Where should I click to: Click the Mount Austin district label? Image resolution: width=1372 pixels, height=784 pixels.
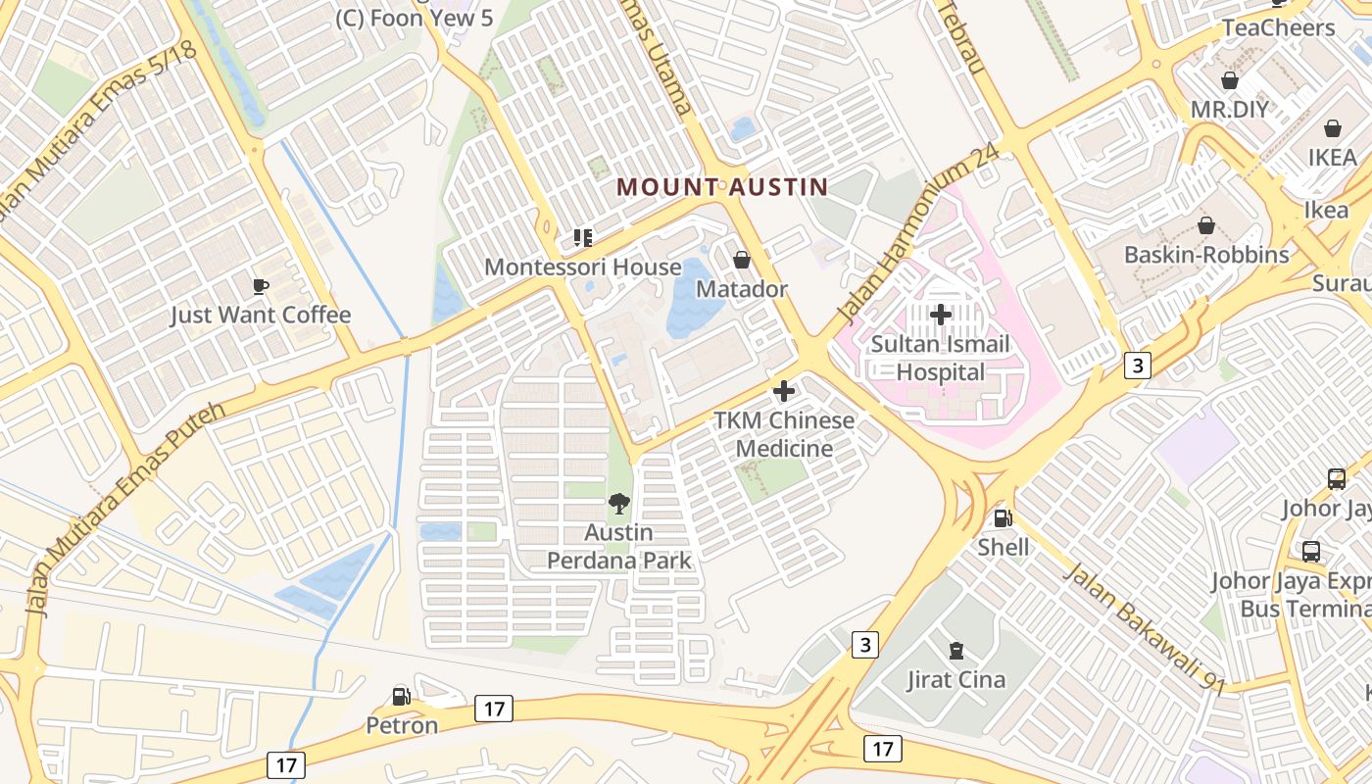(723, 186)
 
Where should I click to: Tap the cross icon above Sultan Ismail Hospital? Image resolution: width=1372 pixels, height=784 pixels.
(941, 315)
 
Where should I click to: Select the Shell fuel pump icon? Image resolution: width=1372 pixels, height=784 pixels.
(1002, 517)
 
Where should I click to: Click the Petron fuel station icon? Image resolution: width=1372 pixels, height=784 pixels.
(401, 697)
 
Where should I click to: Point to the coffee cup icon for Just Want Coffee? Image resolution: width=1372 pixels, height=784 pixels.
(260, 286)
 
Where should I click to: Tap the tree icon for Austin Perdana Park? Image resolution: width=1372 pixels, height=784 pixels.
(618, 504)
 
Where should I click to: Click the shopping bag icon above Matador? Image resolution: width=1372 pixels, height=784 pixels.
(742, 260)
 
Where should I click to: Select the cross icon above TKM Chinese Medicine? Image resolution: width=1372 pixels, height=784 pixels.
(784, 391)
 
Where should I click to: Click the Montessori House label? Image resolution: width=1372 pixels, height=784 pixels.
(583, 267)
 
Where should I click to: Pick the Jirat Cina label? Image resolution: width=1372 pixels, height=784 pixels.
(955, 679)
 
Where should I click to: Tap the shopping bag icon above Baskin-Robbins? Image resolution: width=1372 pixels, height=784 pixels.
(1206, 226)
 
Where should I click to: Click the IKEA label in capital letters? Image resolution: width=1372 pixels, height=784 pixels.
(1332, 157)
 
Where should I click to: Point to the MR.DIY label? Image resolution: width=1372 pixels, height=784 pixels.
(1229, 109)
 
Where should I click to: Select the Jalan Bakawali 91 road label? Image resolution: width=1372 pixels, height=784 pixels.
(1144, 627)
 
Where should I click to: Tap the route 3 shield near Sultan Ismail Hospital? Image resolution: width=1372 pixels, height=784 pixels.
(1136, 366)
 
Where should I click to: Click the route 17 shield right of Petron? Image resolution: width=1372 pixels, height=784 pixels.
(493, 708)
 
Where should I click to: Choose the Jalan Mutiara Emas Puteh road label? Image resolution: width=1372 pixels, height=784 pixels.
(127, 508)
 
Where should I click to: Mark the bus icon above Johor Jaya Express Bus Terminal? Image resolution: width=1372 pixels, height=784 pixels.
(1311, 552)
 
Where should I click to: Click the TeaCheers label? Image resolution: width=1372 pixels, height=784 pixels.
(1278, 27)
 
